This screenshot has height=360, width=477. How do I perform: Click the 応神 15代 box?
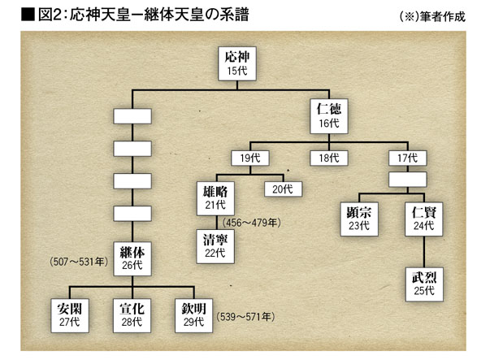tap(237, 63)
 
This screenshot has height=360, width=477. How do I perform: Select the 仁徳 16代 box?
tap(329, 116)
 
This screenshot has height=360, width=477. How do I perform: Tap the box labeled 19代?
tap(250, 158)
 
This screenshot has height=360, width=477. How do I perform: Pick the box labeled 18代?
tap(329, 158)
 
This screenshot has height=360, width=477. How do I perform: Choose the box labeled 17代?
tap(408, 158)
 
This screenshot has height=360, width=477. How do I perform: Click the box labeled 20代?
tap(283, 189)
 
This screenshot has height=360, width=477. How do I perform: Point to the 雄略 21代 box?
tap(215, 198)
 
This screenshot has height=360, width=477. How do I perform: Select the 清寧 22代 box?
tap(215, 246)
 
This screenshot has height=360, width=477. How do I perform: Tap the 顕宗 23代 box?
tap(359, 219)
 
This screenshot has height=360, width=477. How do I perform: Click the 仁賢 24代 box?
tap(423, 219)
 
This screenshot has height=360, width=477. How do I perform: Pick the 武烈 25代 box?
tap(424, 284)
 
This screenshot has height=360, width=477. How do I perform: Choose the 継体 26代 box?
tap(132, 259)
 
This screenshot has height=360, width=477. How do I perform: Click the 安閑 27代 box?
tap(70, 316)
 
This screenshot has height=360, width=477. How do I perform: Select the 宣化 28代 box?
tap(132, 316)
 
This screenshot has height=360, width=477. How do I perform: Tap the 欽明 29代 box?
tap(193, 316)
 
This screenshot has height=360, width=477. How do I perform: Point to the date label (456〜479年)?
tap(252, 223)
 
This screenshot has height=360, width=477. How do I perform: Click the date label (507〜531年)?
tap(79, 262)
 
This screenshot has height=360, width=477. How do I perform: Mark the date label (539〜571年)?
tap(245, 317)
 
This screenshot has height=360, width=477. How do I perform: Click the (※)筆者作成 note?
tap(432, 16)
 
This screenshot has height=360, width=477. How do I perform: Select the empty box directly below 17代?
tap(408, 180)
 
